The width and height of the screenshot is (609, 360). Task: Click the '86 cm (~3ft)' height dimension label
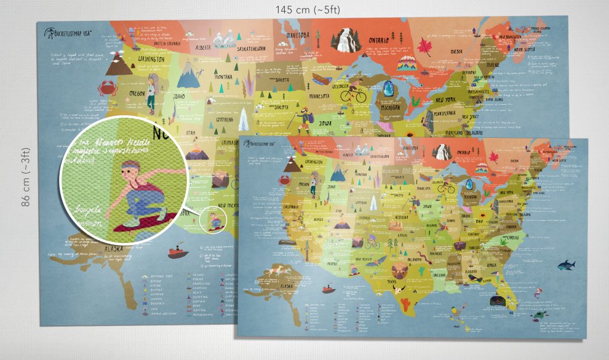pyautogui.click(x=26, y=177)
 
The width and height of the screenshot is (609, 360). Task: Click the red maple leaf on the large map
pyautogui.click(x=424, y=47)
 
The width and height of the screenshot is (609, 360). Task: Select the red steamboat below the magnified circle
pyautogui.click(x=177, y=252)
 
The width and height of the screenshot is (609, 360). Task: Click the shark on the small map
pyautogui.click(x=566, y=265)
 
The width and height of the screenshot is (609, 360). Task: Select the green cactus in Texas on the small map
pyautogui.click(x=405, y=302)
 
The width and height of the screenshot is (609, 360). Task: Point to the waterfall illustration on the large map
pyautogui.click(x=341, y=40)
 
